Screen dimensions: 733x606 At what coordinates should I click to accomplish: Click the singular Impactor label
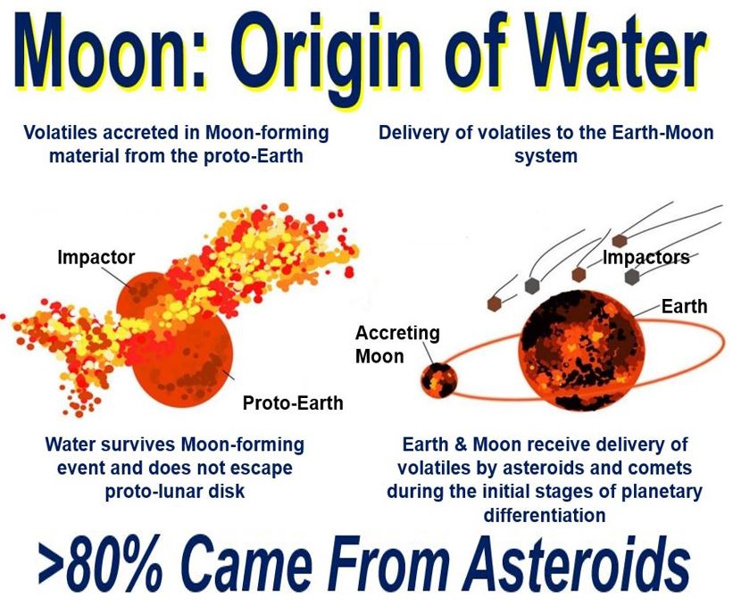(96, 257)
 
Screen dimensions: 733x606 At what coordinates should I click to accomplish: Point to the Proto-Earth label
(293, 403)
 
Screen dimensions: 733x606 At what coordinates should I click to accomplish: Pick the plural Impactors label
(646, 257)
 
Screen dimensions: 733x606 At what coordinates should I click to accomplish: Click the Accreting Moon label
(397, 345)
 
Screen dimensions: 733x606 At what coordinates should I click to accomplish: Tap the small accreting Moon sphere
(438, 380)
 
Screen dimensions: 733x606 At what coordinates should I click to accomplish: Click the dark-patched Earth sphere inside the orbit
(579, 351)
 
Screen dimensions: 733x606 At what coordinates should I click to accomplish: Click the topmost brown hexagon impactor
(620, 241)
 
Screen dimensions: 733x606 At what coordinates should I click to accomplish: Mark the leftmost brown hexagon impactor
(495, 303)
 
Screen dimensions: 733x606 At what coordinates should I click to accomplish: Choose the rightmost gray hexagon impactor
(632, 276)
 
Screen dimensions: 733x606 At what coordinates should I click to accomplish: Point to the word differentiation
(546, 515)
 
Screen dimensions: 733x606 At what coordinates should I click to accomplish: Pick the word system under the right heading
(546, 156)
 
